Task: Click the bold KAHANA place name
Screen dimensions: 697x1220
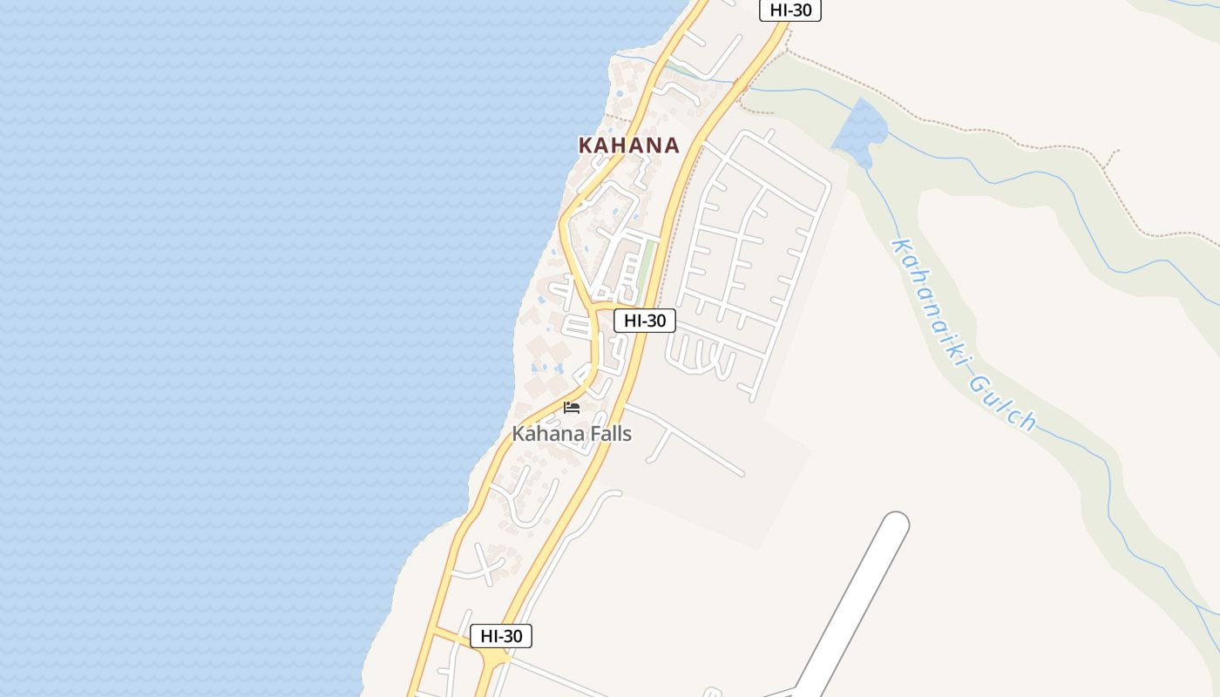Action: (x=628, y=145)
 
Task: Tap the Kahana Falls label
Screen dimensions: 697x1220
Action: (x=572, y=433)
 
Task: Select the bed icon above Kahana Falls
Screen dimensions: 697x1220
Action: (x=572, y=407)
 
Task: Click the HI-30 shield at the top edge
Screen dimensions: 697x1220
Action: (x=790, y=10)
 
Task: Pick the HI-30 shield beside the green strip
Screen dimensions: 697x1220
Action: (x=645, y=321)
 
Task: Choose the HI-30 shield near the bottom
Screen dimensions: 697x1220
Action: (x=501, y=636)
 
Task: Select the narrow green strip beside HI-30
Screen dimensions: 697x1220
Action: (x=646, y=266)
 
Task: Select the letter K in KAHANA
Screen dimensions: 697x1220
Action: (x=586, y=145)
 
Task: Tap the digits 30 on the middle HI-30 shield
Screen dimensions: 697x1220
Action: (x=656, y=321)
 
